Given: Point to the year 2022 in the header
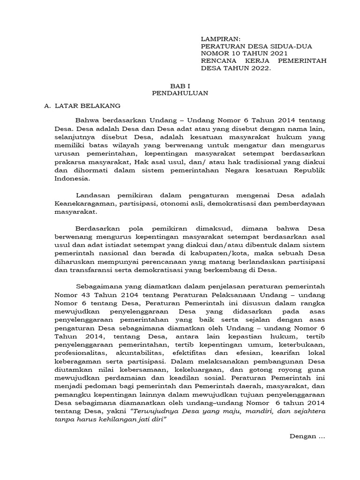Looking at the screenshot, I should point(260,68).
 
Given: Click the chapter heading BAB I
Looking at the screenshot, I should point(180,86).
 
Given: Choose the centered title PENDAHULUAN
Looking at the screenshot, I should point(180,93).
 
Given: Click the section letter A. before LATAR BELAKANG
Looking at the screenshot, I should point(47,106).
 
